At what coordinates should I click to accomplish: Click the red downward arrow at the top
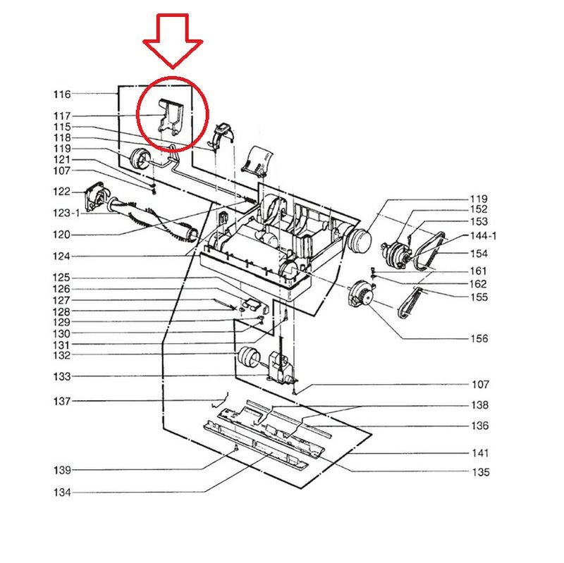tap(172, 42)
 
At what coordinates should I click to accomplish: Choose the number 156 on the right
tap(479, 339)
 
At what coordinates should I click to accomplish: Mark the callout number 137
tap(62, 402)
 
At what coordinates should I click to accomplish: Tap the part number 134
tap(62, 493)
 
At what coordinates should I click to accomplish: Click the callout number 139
tap(62, 470)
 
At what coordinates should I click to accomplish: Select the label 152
tap(479, 209)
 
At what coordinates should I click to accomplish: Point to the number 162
tap(479, 284)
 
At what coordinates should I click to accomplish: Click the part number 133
tap(62, 377)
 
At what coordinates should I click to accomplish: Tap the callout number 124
tap(62, 256)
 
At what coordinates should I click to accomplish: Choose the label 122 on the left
tap(62, 192)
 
